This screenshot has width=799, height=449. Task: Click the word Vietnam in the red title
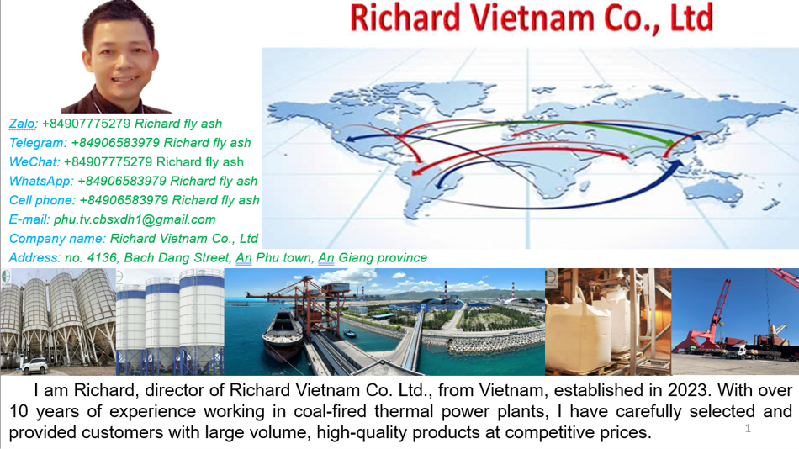(x=532, y=18)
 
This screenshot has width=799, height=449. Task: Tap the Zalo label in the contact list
(x=23, y=124)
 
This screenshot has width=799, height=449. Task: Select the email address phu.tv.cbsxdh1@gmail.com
(x=135, y=219)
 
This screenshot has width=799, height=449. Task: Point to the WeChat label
(x=34, y=162)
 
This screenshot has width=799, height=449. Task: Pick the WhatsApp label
(x=41, y=181)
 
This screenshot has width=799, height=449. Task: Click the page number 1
(x=748, y=428)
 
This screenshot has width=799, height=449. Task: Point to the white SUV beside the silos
(x=34, y=366)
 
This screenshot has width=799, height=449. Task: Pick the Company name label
(x=57, y=239)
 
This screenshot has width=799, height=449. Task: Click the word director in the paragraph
(x=174, y=390)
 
